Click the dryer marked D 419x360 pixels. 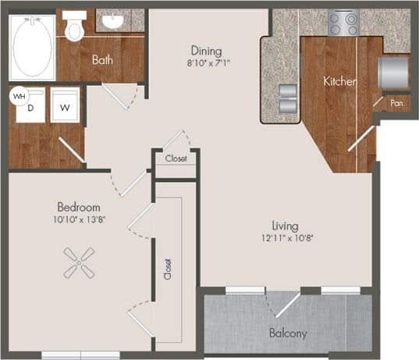tap(30, 107)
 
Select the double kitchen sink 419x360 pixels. tap(286, 98)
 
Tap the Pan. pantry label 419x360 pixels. tap(397, 102)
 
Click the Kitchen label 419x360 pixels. tap(340, 80)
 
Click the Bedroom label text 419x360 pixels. tap(78, 207)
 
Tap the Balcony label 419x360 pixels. tap(288, 333)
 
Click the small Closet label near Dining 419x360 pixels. tap(176, 159)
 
